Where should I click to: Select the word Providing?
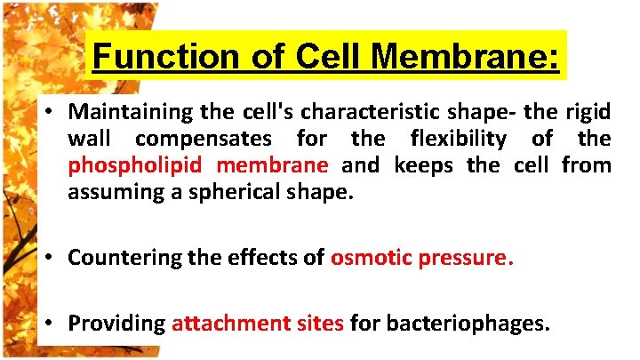click(x=116, y=324)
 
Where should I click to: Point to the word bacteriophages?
click(x=469, y=324)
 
